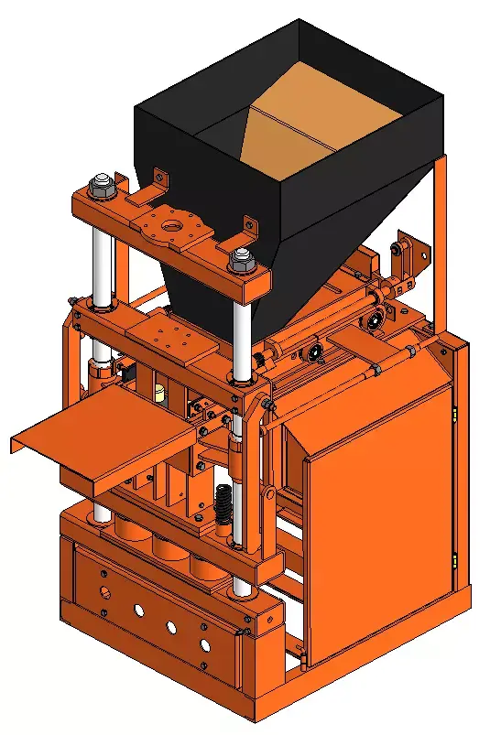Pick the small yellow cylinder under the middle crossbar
[x=159, y=395]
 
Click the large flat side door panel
[x=380, y=513]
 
